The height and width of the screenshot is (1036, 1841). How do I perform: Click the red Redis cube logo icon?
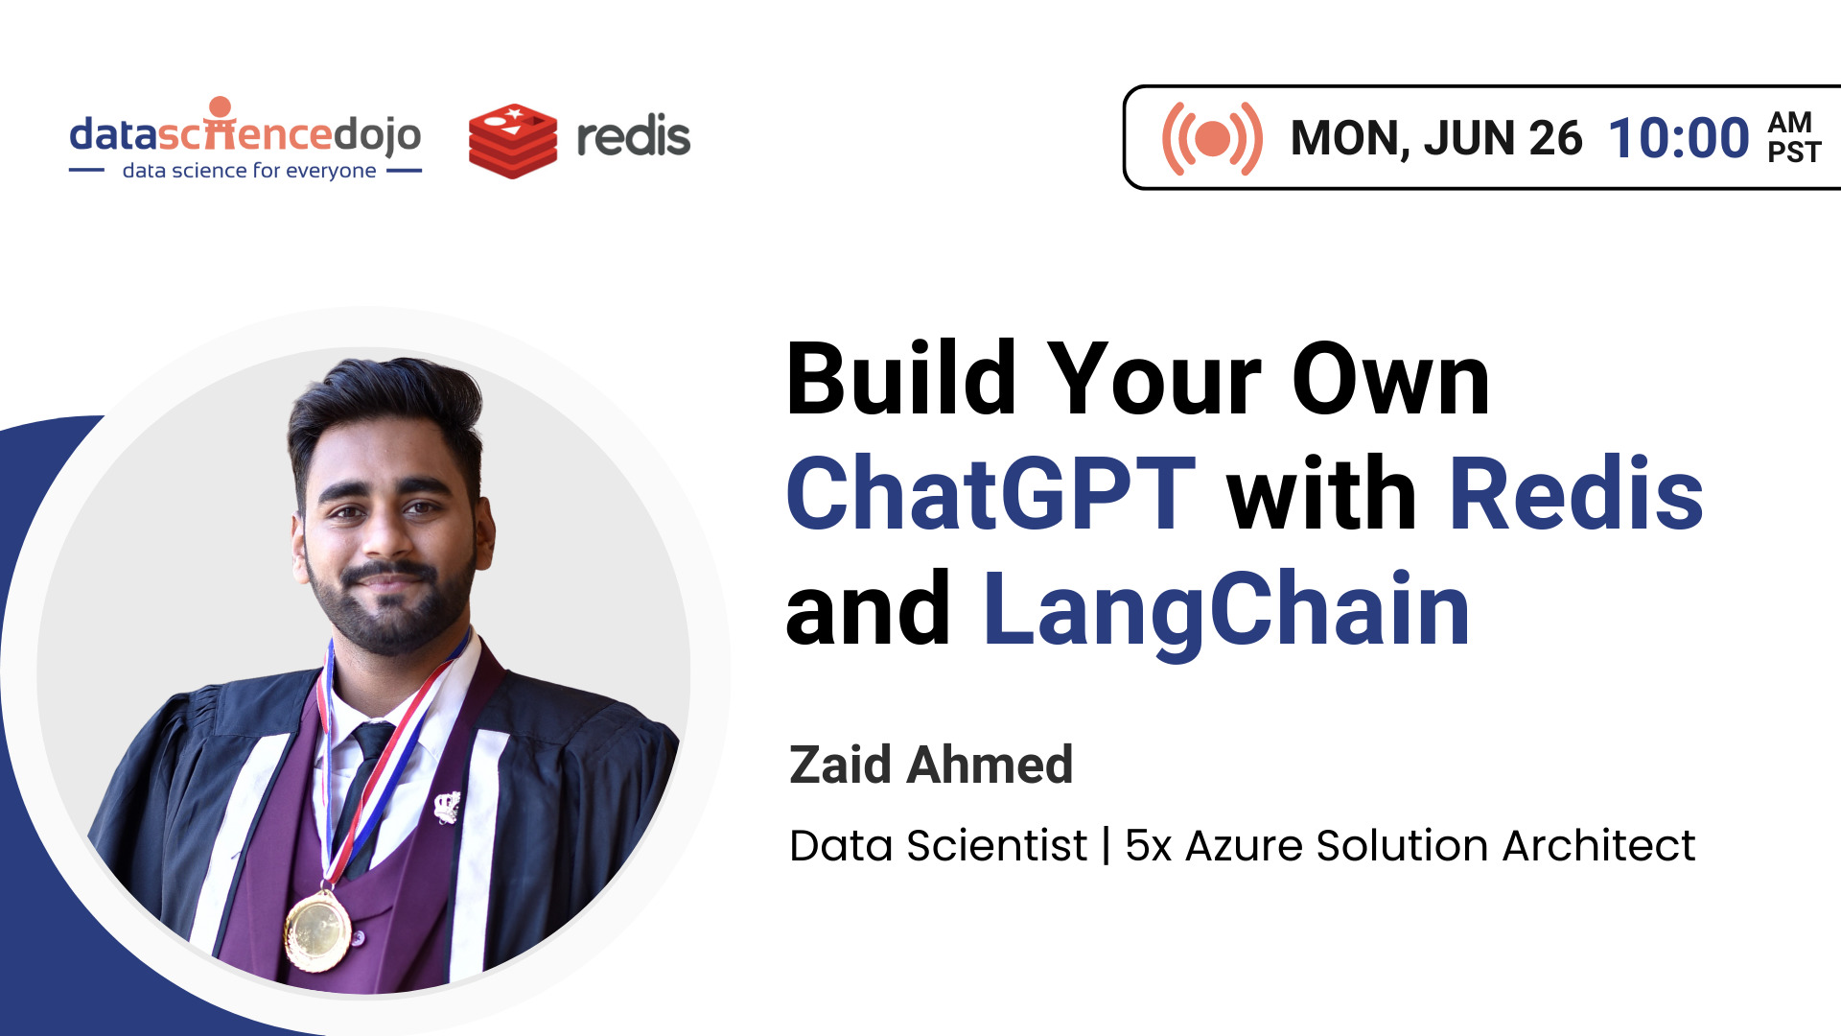(x=512, y=140)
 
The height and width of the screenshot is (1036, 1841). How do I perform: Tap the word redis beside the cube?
(x=633, y=137)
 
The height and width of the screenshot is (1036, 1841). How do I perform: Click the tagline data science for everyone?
(x=248, y=171)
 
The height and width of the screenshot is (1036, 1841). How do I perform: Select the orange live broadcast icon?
(x=1211, y=138)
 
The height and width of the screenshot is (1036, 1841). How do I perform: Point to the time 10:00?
(x=1678, y=138)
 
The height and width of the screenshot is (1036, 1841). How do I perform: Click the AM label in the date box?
(x=1790, y=122)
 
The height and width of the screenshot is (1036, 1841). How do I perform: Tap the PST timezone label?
(x=1793, y=153)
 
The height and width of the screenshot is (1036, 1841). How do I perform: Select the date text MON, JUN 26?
(x=1435, y=138)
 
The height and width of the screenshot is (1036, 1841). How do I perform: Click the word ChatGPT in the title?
(x=990, y=493)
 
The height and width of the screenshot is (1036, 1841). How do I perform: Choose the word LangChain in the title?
(x=1226, y=609)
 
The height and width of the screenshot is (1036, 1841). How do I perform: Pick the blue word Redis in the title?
(x=1575, y=493)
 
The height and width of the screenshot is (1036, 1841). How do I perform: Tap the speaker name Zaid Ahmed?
(x=930, y=765)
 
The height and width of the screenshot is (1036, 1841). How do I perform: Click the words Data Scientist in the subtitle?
(x=938, y=845)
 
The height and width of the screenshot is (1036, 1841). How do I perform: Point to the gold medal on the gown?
(x=317, y=929)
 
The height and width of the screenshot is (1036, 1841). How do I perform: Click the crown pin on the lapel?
(x=447, y=806)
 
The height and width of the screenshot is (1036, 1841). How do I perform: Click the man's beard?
(x=393, y=614)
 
